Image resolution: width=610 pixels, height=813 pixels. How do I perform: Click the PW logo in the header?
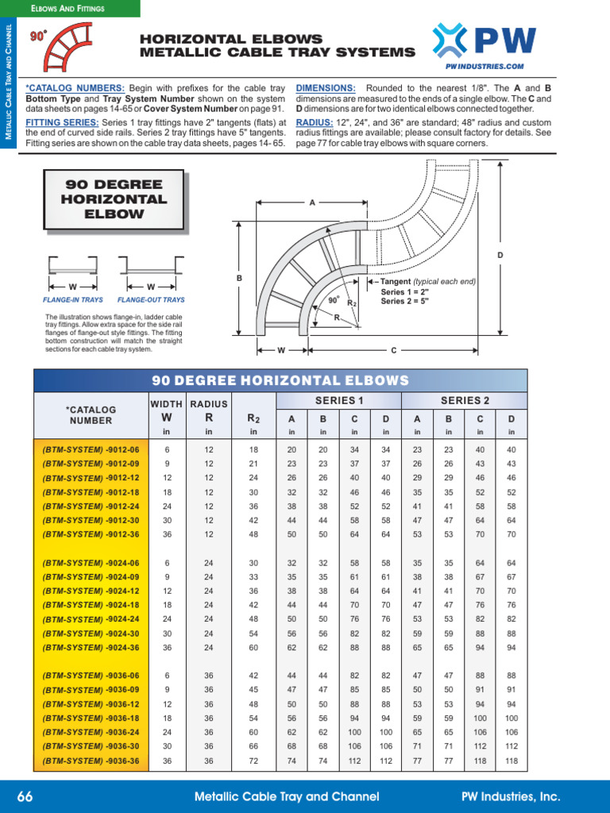[484, 40]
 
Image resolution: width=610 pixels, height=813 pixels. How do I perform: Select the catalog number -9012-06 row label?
[91, 449]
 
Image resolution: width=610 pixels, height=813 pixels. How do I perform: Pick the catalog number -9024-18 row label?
[91, 605]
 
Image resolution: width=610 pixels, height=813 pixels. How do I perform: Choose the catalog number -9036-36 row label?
[91, 761]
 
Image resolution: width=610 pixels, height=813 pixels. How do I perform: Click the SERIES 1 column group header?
[339, 401]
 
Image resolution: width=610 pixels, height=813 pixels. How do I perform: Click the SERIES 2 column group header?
[465, 401]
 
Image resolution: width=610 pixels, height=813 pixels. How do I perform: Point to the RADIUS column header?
[209, 404]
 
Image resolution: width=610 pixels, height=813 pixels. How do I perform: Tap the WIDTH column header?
[167, 404]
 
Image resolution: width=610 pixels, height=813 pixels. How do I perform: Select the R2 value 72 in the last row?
[253, 761]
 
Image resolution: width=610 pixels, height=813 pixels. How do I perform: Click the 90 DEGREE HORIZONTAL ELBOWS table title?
[280, 380]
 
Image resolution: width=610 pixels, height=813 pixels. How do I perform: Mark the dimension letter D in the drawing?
[500, 255]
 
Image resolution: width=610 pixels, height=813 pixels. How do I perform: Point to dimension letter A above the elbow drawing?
[312, 203]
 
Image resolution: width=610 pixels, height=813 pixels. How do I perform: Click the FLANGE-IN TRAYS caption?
[69, 300]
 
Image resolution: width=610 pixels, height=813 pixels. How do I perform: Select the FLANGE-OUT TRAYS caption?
[151, 300]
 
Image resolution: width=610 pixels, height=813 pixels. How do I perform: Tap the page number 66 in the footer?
[25, 796]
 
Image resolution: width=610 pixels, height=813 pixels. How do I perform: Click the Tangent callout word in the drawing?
[396, 282]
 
